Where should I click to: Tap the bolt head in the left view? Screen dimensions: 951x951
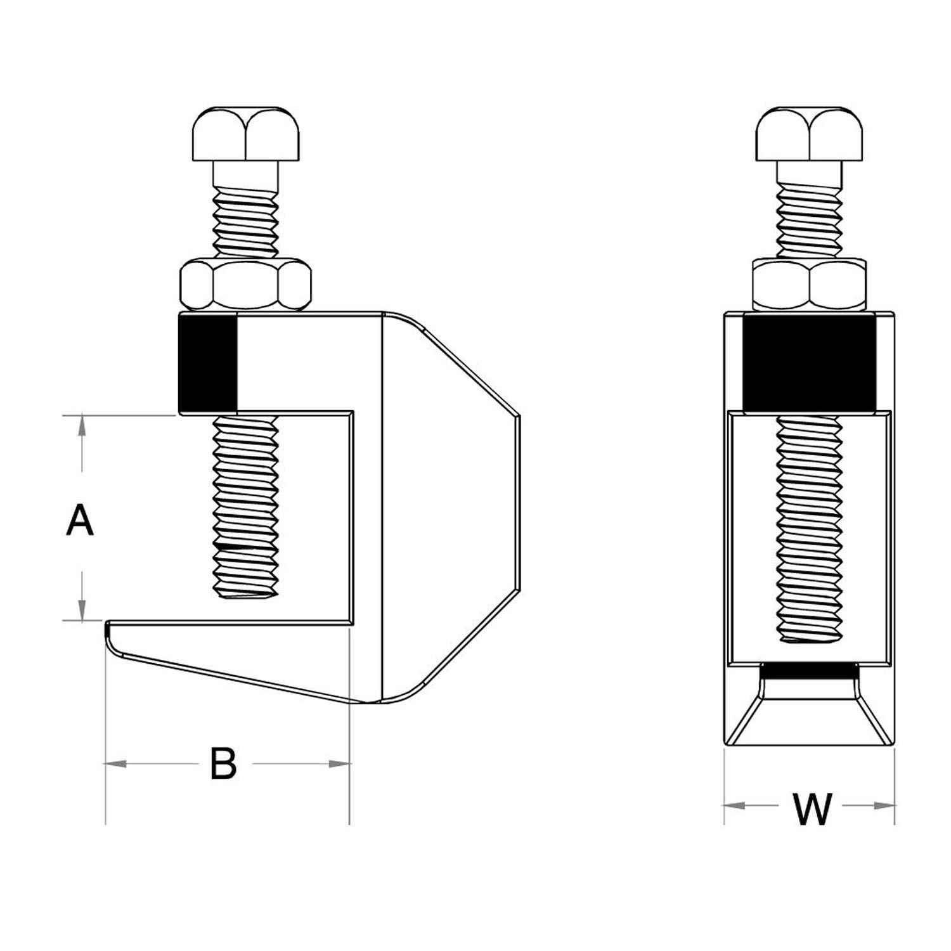[x=245, y=134]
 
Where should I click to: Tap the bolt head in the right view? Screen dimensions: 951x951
[x=809, y=134]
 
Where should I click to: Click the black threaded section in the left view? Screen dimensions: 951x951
[x=208, y=363]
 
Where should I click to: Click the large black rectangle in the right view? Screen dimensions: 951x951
[x=810, y=363]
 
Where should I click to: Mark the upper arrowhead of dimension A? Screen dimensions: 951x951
[x=81, y=425]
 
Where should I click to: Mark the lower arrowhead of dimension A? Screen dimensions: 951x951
[x=81, y=609]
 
